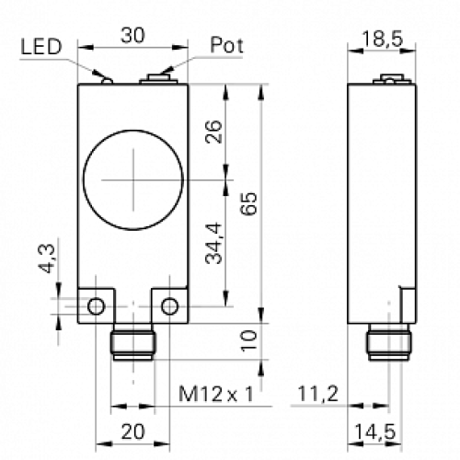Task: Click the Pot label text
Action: point(227,44)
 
